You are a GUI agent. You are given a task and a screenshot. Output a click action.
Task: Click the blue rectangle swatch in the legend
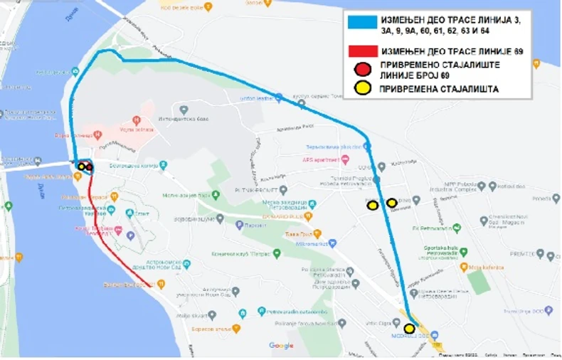[361, 21]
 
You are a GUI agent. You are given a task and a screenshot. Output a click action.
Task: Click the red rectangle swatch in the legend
[361, 52]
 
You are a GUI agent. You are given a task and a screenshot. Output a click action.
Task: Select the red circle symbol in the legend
[363, 70]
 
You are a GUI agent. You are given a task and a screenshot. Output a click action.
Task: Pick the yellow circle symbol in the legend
[363, 88]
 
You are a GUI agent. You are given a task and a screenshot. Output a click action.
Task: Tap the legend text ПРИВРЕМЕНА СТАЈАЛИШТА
[438, 89]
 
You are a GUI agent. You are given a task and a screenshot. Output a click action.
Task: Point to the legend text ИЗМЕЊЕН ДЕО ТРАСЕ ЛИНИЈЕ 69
[451, 52]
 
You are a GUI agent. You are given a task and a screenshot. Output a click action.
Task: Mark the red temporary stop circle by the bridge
[89, 167]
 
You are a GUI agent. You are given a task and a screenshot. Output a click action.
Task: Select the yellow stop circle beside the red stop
[82, 166]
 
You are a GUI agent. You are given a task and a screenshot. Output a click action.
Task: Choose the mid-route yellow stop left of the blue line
[373, 206]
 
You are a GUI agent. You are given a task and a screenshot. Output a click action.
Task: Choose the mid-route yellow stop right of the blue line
[391, 203]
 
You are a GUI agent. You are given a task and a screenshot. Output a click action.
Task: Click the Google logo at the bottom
[281, 346]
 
